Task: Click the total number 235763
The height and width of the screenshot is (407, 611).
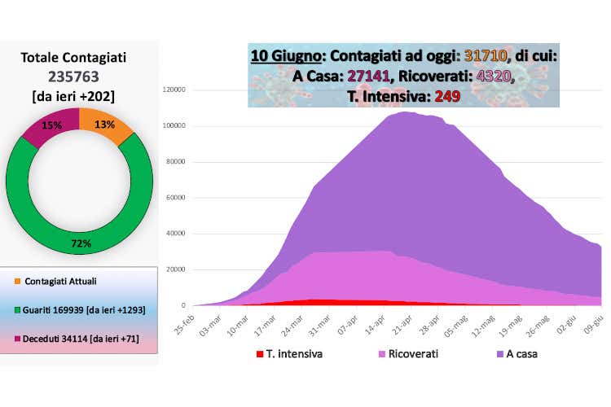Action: (79, 77)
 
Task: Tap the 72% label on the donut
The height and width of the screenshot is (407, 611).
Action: (81, 243)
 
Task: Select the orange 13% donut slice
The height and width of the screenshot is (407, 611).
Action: (104, 125)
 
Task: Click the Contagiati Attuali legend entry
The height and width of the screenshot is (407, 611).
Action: (65, 282)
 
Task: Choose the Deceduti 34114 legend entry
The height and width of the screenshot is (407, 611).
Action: (78, 339)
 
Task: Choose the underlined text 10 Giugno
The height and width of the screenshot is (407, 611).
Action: (285, 58)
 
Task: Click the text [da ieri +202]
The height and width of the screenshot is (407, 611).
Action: (79, 96)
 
